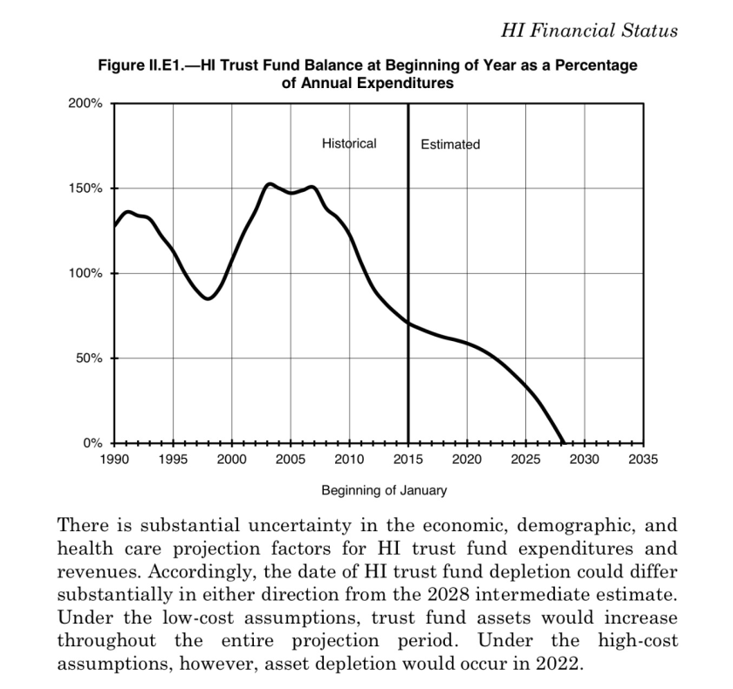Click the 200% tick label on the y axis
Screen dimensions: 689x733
pyautogui.click(x=86, y=103)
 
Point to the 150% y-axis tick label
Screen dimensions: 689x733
pyautogui.click(x=86, y=188)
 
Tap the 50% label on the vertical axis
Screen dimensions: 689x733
pyautogui.click(x=89, y=358)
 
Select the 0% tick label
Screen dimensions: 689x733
pyautogui.click(x=92, y=443)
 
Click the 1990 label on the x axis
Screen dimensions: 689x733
pyautogui.click(x=113, y=459)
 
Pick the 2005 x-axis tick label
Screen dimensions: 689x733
pyautogui.click(x=291, y=459)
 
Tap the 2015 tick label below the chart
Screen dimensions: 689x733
pyautogui.click(x=408, y=459)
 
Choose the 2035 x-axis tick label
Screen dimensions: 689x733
pyautogui.click(x=644, y=459)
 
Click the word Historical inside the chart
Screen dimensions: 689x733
pyautogui.click(x=349, y=143)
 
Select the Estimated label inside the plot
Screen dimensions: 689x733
pyautogui.click(x=450, y=144)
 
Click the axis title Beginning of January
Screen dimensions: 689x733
pyautogui.click(x=384, y=490)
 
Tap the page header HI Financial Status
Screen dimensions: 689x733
pyautogui.click(x=589, y=31)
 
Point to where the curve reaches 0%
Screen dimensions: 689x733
pyautogui.click(x=564, y=443)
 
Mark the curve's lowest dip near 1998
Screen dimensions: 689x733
pyautogui.click(x=208, y=299)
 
